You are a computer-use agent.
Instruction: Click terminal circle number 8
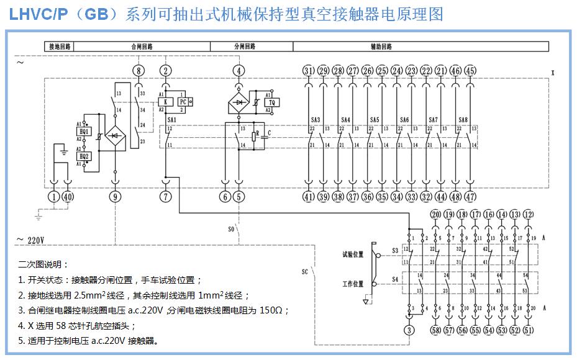pyautogui.click(x=139, y=70)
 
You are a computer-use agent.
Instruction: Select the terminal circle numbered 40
pyautogui.click(x=68, y=197)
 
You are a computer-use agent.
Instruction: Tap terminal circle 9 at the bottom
pyautogui.click(x=115, y=197)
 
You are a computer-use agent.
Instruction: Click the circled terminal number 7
pyautogui.click(x=165, y=197)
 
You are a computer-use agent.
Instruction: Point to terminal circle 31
pyautogui.click(x=309, y=70)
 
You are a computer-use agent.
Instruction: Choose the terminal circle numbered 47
pyautogui.click(x=470, y=197)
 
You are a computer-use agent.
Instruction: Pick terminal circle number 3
pyautogui.click(x=409, y=330)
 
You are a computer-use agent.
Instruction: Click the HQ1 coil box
pyautogui.click(x=85, y=132)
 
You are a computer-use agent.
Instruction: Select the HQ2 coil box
pyautogui.click(x=85, y=156)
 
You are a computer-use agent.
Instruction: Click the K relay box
pyautogui.click(x=165, y=102)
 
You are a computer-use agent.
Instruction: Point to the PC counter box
pyautogui.click(x=183, y=102)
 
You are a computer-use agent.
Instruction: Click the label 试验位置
pyautogui.click(x=352, y=254)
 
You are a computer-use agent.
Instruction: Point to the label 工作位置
pyautogui.click(x=352, y=284)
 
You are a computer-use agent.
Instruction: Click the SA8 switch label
pyautogui.click(x=463, y=120)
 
